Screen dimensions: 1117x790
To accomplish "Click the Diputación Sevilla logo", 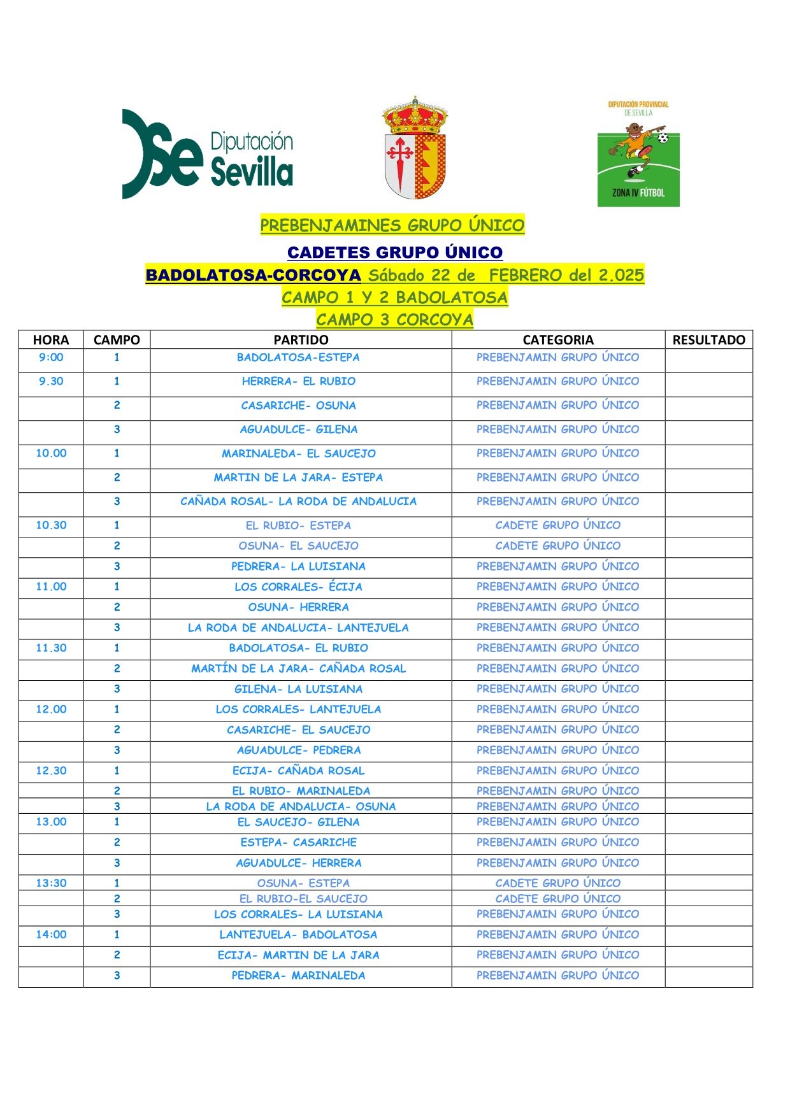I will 207,154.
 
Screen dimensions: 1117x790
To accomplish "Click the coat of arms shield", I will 415,149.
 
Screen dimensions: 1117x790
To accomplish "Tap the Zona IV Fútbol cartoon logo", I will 638,153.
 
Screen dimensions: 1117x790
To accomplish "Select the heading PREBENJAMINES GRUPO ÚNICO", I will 392,225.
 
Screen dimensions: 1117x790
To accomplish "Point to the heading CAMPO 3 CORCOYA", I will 395,320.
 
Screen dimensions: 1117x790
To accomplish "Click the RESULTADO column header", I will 708,340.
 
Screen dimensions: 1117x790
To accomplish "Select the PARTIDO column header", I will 301,340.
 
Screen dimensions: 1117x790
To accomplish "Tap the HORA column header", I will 51,340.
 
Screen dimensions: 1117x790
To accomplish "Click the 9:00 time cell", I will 51,358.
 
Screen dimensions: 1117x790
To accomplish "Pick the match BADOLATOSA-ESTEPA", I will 298,358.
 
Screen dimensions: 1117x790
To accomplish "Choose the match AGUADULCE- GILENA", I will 298,430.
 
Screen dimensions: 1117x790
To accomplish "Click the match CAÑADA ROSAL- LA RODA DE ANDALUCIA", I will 298,502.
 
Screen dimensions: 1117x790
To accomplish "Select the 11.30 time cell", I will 51,648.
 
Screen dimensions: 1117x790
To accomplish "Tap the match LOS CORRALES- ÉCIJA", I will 298,587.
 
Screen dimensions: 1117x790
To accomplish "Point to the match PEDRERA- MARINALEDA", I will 298,976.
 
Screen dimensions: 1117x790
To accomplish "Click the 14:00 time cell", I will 51,935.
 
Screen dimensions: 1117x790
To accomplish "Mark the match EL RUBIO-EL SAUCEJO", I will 303,899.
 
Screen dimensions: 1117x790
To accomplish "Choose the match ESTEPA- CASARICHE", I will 298,843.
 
